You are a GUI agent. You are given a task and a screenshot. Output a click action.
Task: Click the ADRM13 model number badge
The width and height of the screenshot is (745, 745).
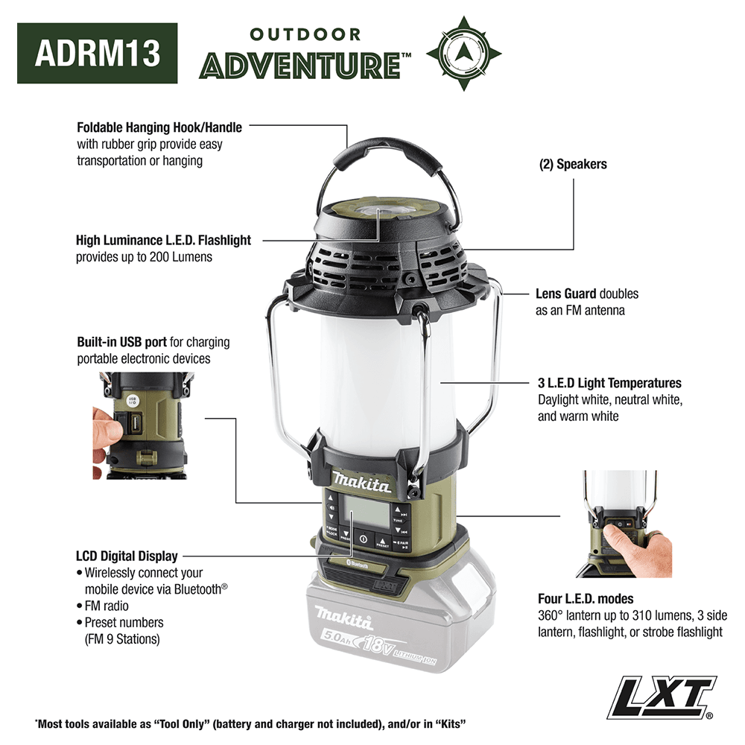98,53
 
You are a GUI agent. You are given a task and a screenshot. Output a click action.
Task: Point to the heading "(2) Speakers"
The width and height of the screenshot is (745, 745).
573,164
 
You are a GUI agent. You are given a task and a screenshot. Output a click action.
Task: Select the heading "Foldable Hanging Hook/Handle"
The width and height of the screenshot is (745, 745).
159,127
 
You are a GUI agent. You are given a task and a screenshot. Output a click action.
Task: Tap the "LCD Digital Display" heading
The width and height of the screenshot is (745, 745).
127,556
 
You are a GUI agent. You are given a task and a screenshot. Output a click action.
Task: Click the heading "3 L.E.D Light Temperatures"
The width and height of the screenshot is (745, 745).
609,384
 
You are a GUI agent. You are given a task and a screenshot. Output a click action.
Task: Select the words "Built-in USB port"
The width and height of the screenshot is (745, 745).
121,343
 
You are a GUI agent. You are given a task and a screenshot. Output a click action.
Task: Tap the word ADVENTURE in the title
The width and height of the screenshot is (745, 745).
301,65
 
